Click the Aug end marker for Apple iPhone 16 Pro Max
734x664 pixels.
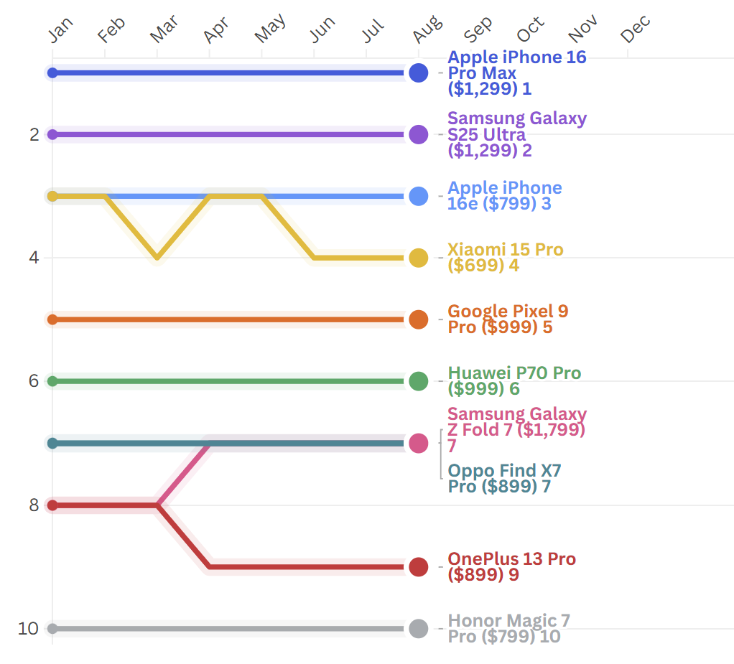tap(419, 73)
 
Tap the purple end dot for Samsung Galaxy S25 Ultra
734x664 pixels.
tap(419, 134)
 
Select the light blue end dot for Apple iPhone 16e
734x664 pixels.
tap(419, 196)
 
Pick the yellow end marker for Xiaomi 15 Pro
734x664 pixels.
tap(419, 258)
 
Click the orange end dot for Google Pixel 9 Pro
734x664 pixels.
tap(419, 319)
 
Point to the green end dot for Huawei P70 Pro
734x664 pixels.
tap(419, 381)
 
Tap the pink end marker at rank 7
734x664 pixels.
tap(419, 443)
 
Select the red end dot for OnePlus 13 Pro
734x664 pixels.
tap(419, 567)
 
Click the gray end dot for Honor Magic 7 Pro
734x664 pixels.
tap(419, 629)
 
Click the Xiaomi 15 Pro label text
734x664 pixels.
tap(505, 258)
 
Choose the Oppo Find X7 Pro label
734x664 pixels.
tap(504, 479)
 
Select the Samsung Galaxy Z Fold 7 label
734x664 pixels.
tap(516, 429)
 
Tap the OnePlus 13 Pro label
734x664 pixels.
tap(511, 566)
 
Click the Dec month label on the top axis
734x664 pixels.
tap(635, 29)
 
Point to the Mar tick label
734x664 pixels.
tap(164, 29)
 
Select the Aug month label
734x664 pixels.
tap(427, 29)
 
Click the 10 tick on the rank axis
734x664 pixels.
tap(28, 629)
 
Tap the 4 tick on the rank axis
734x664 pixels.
tap(33, 258)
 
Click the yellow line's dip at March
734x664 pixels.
tap(157, 258)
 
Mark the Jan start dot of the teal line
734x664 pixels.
tap(52, 443)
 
